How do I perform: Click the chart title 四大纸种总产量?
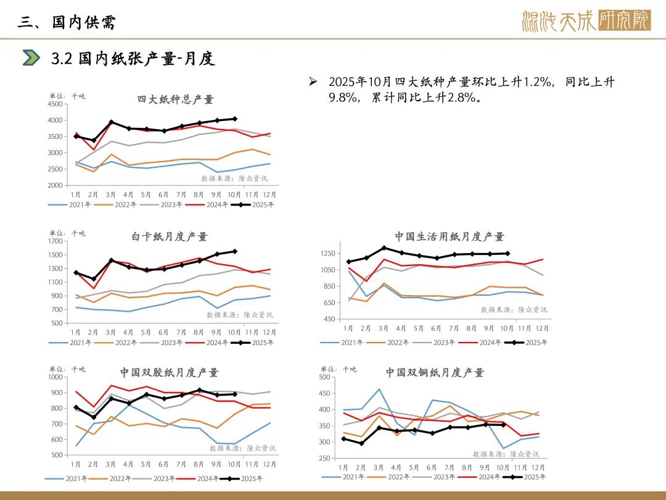pyautogui.click(x=175, y=99)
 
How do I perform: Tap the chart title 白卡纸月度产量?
pyautogui.click(x=170, y=236)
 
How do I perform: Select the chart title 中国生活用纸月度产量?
pyautogui.click(x=450, y=236)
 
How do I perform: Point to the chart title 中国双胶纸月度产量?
pyautogui.click(x=169, y=372)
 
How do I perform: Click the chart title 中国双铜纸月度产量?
pyautogui.click(x=435, y=372)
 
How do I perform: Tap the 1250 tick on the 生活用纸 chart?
pyautogui.click(x=327, y=254)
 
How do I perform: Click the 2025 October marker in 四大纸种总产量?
pyautogui.click(x=235, y=119)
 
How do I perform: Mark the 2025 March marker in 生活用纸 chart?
pyautogui.click(x=384, y=248)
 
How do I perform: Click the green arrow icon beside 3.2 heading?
pyautogui.click(x=31, y=58)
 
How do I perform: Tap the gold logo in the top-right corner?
pyautogui.click(x=585, y=22)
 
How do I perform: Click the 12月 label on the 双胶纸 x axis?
pyautogui.click(x=269, y=464)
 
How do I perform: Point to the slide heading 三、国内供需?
pyautogui.click(x=67, y=23)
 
